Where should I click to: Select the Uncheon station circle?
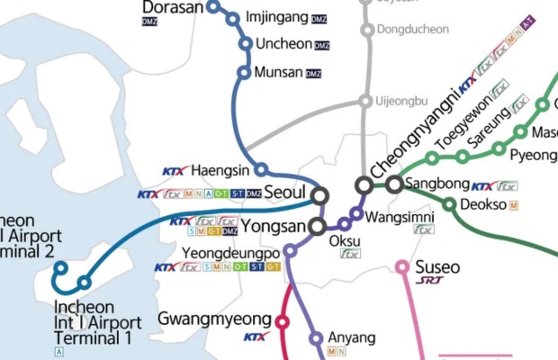[x=245, y=44]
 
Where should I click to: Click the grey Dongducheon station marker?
[x=366, y=31]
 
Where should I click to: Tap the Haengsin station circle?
[x=261, y=169]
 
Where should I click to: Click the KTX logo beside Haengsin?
[x=175, y=170]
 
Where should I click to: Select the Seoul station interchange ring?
[x=320, y=195]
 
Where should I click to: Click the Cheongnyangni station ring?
[x=364, y=184]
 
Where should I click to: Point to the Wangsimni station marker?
[x=357, y=214]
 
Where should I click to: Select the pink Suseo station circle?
[x=402, y=266]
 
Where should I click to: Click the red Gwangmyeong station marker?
[x=282, y=321]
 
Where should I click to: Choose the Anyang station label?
[x=351, y=338]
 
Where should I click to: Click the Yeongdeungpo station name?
[x=231, y=253]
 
